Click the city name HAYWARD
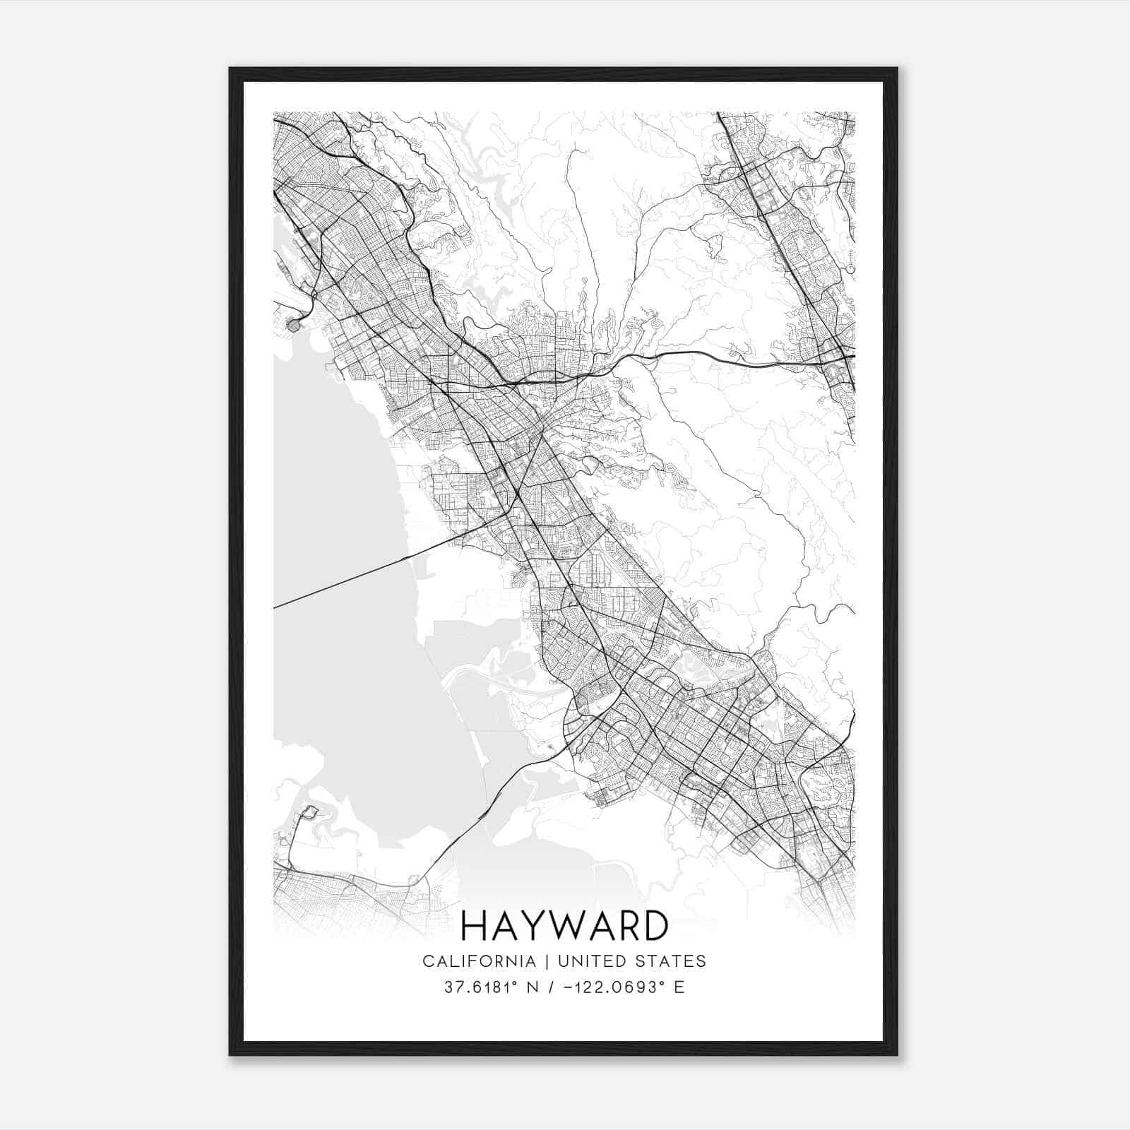[564, 926]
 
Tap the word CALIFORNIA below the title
[479, 961]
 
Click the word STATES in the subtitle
[673, 961]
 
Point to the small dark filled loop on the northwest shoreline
[294, 326]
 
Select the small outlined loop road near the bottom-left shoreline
[309, 813]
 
